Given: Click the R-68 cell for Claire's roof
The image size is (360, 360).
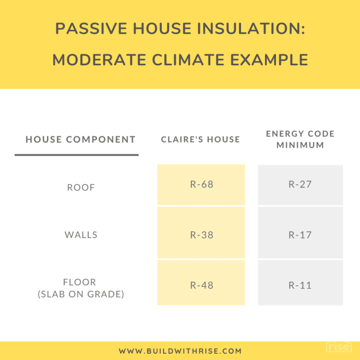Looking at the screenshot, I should (x=201, y=184).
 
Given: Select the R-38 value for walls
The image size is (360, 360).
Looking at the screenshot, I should (x=201, y=235).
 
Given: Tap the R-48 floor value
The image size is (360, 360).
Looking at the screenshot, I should (x=201, y=285).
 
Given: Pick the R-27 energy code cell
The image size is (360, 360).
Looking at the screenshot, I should (x=300, y=184).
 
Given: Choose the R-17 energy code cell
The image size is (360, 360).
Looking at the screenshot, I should (x=300, y=235).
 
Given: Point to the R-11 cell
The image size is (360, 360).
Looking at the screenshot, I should (x=300, y=285).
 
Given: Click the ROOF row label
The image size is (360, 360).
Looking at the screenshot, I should (x=81, y=187).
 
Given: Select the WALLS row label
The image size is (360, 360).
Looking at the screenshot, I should (x=81, y=235).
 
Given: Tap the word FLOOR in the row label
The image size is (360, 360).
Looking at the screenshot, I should (x=81, y=282).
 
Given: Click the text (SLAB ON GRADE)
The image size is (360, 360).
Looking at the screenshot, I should (x=81, y=294).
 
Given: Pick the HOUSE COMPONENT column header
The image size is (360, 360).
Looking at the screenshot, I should (x=80, y=139).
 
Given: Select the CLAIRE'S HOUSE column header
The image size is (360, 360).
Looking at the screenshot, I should (x=200, y=139).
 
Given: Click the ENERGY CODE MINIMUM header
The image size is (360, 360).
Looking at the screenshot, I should (x=300, y=139).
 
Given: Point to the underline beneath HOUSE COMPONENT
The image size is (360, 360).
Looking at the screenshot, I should (x=77, y=154).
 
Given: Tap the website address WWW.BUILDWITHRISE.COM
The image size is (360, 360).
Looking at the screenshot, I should (x=180, y=351).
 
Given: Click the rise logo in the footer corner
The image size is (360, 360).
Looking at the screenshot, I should (x=339, y=347).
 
